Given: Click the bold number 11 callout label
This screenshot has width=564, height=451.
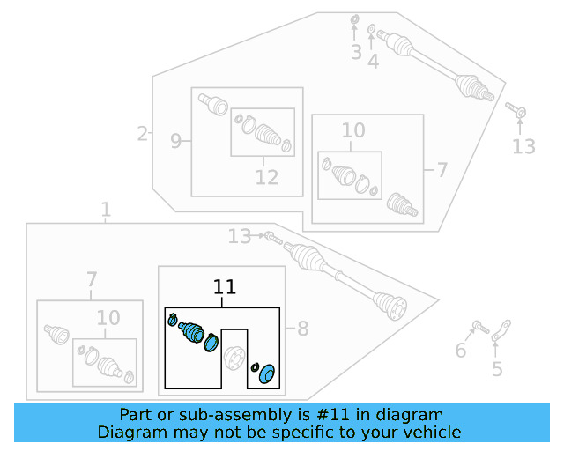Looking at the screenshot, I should point(225,287).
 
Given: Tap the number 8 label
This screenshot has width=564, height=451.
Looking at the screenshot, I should point(302,329).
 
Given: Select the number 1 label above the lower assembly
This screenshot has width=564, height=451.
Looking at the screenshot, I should point(106,210).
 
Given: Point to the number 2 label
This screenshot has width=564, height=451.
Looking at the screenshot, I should point(142,134).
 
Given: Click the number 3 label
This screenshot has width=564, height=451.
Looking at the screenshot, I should point(356,53).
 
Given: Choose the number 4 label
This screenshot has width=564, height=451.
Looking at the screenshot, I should point(374,61).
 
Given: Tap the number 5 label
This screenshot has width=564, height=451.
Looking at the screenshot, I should point(498,369).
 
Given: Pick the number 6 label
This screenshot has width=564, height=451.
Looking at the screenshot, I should point(460,351).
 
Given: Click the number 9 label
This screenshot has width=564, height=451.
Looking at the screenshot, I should point(176,140).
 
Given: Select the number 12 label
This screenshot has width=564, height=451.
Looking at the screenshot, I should point(266,177).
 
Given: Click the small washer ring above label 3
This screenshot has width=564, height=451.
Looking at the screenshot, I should point(354,19).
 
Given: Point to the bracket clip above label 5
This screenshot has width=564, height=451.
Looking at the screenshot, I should point(500,331).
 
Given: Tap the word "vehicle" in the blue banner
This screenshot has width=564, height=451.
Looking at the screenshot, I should point(427,432).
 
